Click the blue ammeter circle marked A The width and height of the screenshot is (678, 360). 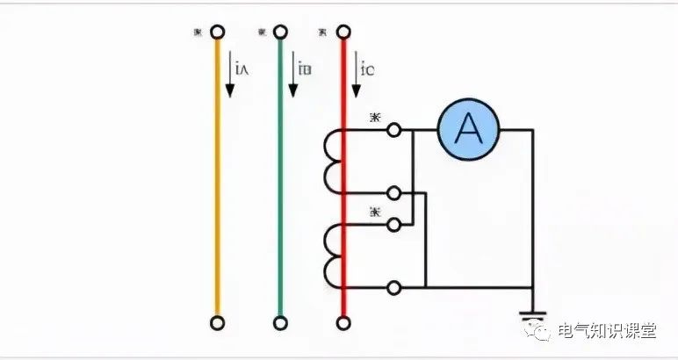point(468,130)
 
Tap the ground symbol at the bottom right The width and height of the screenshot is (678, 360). point(530,316)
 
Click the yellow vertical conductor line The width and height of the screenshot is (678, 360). point(218,176)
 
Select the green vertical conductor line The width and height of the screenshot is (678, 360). point(280,176)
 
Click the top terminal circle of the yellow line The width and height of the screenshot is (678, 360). point(218,33)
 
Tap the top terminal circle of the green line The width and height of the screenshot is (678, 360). point(280,33)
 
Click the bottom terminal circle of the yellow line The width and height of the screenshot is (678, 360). point(218,322)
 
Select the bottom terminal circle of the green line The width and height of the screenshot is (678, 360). point(280,322)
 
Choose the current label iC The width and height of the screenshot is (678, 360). point(367,67)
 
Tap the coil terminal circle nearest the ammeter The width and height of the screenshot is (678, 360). point(394,130)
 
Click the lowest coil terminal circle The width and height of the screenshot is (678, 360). point(394,286)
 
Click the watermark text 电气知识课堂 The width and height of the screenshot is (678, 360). point(611,331)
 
